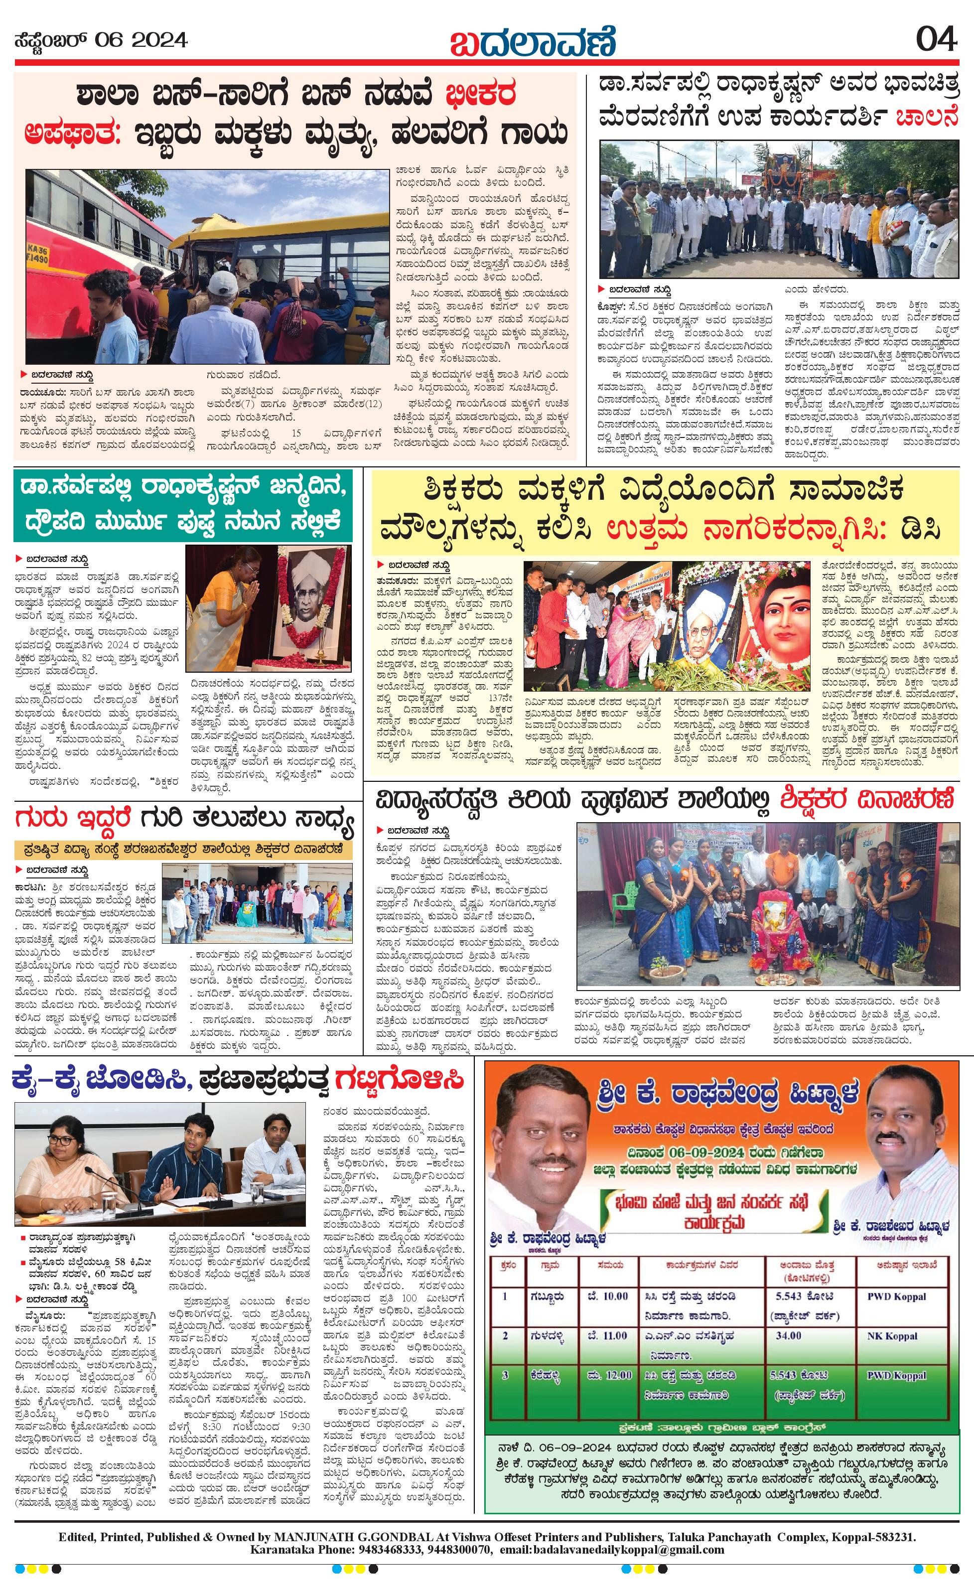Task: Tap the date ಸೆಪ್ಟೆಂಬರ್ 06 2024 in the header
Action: (x=101, y=41)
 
